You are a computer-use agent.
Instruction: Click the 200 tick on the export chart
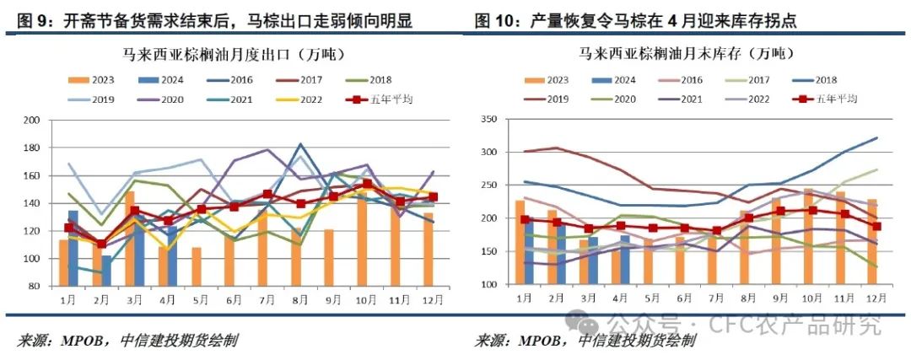pyautogui.click(x=34, y=121)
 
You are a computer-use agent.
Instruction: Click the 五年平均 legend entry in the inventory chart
pyautogui.click(x=830, y=99)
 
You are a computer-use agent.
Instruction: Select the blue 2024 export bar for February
pyautogui.click(x=106, y=271)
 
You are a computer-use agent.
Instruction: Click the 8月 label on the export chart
pyautogui.click(x=296, y=298)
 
